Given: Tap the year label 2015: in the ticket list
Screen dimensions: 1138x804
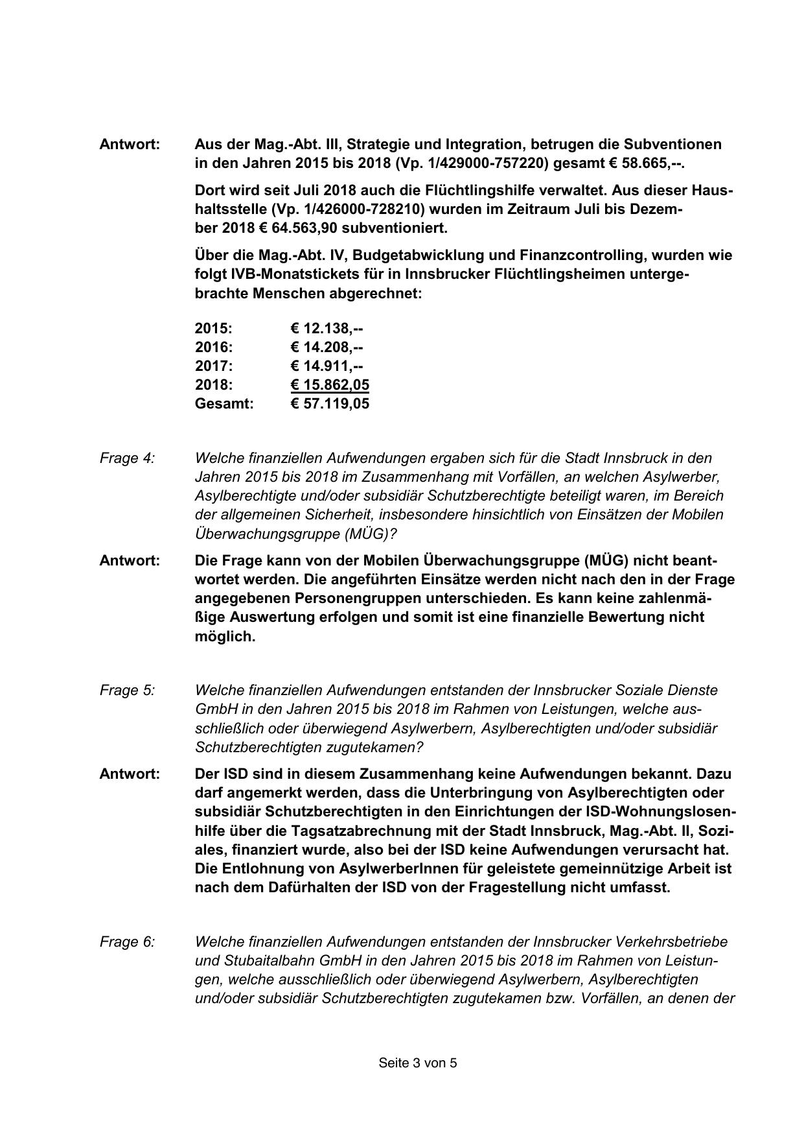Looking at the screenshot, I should tap(213, 328).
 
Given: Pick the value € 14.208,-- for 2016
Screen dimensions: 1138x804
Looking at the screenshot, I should tap(327, 347).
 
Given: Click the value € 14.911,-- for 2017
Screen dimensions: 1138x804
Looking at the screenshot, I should tap(327, 366).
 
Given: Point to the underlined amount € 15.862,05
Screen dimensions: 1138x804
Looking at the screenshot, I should tap(330, 385).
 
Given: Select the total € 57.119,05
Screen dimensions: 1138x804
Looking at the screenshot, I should tap(330, 403).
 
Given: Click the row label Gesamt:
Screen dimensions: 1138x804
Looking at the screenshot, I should tap(224, 403).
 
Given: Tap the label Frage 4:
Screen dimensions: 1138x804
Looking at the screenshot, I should tap(127, 458).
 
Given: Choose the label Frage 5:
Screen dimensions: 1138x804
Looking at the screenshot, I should tap(127, 690).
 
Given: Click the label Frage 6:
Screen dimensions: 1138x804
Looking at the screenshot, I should tap(127, 942).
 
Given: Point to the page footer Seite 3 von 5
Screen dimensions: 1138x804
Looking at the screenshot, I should tap(418, 1063).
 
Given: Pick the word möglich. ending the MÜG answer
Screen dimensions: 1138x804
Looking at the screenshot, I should tap(225, 636).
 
